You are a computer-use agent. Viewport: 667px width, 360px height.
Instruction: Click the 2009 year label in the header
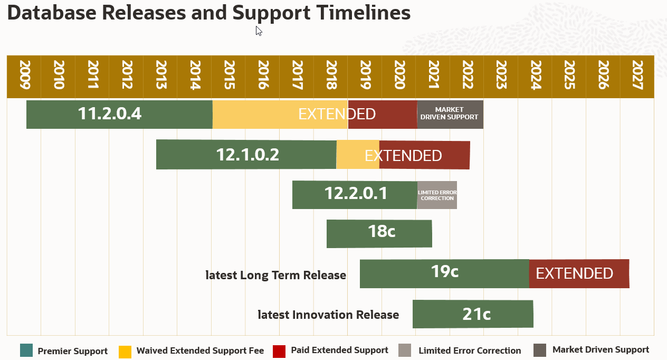click(24, 76)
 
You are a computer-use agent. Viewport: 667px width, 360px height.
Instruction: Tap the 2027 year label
click(637, 76)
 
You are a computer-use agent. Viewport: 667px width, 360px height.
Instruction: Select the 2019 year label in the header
click(365, 76)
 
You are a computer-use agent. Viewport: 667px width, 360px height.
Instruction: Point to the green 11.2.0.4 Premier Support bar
click(119, 114)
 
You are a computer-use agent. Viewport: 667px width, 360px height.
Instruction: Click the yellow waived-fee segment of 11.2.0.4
click(280, 114)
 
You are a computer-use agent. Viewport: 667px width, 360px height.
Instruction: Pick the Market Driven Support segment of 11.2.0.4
click(450, 114)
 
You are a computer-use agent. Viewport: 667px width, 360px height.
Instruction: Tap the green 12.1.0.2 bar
click(246, 155)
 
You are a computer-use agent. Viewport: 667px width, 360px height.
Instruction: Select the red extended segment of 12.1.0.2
click(424, 155)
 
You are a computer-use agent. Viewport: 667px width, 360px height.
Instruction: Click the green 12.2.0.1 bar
click(355, 194)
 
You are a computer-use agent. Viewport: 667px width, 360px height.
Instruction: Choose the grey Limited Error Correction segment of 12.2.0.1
click(437, 195)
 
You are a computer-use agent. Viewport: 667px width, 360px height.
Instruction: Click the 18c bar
click(379, 234)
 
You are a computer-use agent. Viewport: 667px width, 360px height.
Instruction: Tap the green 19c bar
click(444, 273)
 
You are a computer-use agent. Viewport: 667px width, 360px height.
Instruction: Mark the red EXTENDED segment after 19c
click(579, 273)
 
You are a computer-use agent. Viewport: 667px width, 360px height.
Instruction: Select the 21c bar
click(473, 314)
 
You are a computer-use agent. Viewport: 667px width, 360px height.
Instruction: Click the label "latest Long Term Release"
click(275, 275)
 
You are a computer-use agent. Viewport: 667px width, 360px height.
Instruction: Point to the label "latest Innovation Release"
click(328, 315)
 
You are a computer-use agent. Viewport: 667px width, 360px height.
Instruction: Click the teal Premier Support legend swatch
click(26, 350)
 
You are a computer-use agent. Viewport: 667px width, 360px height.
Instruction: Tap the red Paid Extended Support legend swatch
click(279, 350)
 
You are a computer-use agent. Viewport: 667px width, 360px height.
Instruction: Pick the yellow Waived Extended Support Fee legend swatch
click(125, 351)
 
